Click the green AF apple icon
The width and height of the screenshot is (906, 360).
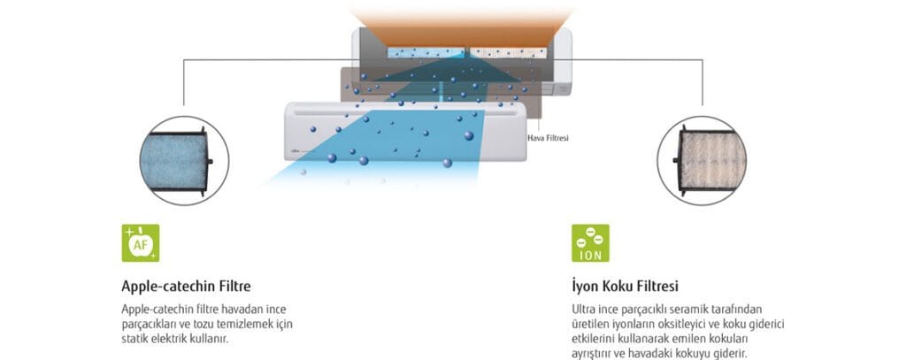tap(141, 242)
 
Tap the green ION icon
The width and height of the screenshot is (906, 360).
tap(590, 242)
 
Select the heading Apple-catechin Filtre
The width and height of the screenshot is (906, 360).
tap(186, 286)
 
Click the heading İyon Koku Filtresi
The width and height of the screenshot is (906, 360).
tap(625, 286)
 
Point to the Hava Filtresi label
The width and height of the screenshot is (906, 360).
tap(549, 138)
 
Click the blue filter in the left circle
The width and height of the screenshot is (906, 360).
tap(174, 161)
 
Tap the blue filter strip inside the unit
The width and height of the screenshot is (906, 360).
tap(426, 52)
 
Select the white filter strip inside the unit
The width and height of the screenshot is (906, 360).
tap(508, 52)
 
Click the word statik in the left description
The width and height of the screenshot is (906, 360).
tap(132, 339)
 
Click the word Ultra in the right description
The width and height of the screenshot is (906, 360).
tap(582, 310)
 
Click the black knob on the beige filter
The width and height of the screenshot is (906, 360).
tap(676, 160)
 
